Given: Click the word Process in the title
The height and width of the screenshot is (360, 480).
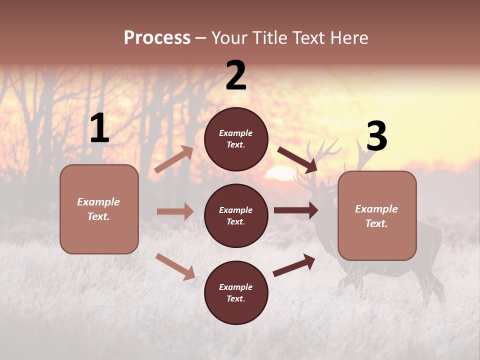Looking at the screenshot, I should (157, 38).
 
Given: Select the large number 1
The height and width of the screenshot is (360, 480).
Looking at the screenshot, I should (99, 128).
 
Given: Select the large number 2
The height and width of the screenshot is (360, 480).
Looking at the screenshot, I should (236, 75).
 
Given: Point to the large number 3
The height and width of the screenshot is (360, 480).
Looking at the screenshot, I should (376, 136).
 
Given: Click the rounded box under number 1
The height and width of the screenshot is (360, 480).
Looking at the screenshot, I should (99, 209).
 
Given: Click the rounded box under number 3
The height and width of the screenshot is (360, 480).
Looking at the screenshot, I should (377, 216).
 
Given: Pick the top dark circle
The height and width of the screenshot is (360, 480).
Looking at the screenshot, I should (236, 139).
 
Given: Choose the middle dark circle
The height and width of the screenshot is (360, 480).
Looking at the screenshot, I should (236, 216).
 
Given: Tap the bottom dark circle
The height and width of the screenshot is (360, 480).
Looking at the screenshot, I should (236, 293).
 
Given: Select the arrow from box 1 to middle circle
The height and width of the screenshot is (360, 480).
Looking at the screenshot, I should (175, 211).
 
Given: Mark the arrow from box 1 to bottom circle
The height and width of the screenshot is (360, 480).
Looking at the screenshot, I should (175, 266).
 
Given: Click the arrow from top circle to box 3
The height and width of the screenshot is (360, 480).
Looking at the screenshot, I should (297, 159).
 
